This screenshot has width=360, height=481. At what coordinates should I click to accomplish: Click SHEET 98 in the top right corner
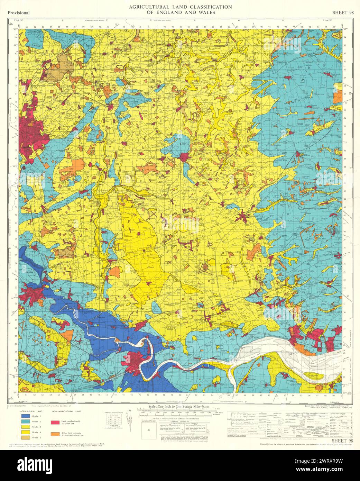pos(342,12)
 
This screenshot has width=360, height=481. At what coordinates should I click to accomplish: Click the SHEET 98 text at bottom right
pos(342,441)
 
